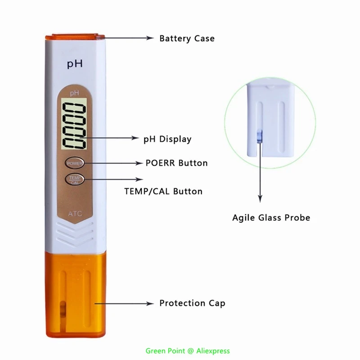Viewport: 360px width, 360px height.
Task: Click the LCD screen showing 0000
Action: pyautogui.click(x=75, y=126)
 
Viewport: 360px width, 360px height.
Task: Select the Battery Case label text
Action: pyautogui.click(x=187, y=38)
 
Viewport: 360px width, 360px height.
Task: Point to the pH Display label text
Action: pyautogui.click(x=167, y=139)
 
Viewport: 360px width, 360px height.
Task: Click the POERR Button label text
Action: pyautogui.click(x=176, y=163)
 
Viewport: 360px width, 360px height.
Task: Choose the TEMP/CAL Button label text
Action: pyautogui.click(x=163, y=191)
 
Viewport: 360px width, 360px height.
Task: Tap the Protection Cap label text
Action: pyautogui.click(x=192, y=303)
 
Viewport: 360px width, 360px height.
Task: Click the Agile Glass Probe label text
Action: pyautogui.click(x=271, y=218)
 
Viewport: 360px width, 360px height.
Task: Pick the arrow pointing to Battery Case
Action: pyautogui.click(x=128, y=38)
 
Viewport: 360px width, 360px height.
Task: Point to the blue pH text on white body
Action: pyautogui.click(x=75, y=64)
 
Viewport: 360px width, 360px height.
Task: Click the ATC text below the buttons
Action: pyautogui.click(x=75, y=213)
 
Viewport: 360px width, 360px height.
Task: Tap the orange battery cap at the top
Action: pyautogui.click(x=74, y=34)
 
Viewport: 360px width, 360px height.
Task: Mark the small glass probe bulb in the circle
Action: pyautogui.click(x=259, y=135)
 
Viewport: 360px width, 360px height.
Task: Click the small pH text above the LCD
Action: pyautogui.click(x=74, y=93)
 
